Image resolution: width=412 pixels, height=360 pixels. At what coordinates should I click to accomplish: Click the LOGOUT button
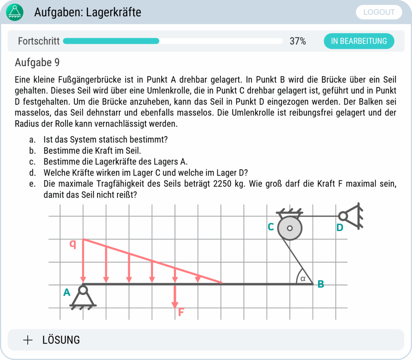(379, 12)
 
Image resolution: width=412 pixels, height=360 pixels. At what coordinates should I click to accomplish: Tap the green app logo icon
(15, 12)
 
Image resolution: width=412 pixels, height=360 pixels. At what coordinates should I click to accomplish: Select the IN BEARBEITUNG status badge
(359, 41)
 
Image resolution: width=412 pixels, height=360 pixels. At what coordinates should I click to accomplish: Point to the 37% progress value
(298, 41)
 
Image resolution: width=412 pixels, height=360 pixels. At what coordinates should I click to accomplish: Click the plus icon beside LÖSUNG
(28, 340)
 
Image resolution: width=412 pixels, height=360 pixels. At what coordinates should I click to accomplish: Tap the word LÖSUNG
(61, 340)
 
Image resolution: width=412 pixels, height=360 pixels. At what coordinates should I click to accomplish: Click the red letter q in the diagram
(73, 244)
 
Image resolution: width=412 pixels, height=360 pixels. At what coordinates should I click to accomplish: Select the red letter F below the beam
(181, 312)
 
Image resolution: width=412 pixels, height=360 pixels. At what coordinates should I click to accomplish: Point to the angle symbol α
(303, 278)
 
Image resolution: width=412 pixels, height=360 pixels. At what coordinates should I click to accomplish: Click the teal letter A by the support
(67, 293)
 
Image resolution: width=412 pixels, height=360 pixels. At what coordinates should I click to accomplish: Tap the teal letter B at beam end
(321, 284)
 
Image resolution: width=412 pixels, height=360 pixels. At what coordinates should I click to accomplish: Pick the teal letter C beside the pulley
(271, 227)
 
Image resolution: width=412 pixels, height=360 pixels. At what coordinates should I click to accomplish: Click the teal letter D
(340, 228)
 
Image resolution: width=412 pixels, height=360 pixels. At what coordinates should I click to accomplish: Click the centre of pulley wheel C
(290, 228)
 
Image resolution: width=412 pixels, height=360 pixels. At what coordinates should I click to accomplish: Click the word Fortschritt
(39, 41)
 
